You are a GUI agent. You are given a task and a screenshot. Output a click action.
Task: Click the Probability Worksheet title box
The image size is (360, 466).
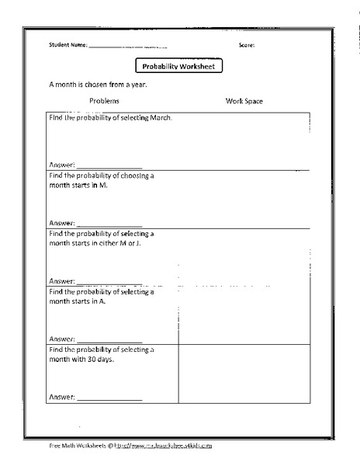[179, 67]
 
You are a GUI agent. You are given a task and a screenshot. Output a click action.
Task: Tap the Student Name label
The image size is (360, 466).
[67, 45]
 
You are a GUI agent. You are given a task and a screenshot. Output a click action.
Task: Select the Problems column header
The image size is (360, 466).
[104, 101]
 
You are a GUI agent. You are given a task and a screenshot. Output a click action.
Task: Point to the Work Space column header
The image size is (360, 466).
[244, 101]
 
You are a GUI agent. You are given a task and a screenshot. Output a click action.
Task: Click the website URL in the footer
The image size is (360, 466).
[164, 446]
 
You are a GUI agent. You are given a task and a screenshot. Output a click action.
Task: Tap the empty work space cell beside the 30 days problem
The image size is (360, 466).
[244, 374]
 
